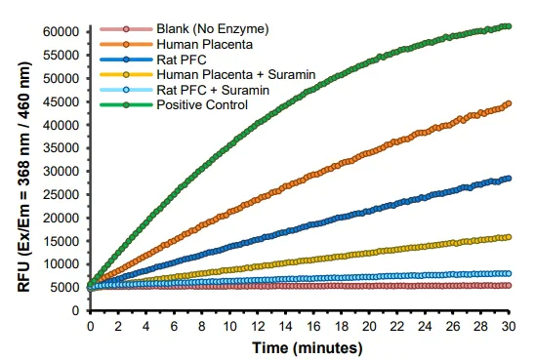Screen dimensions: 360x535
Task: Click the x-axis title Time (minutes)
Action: coord(299,346)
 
